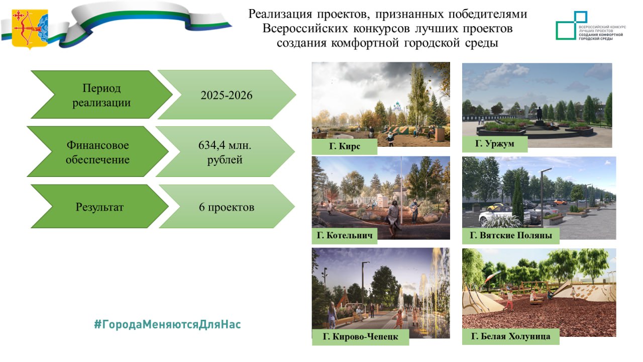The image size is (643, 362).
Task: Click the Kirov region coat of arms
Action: pyautogui.click(x=30, y=29)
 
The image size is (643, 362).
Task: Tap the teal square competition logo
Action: pyautogui.click(x=571, y=25)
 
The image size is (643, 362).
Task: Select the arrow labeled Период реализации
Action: pyautogui.click(x=101, y=95)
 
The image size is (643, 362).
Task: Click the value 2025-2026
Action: pyautogui.click(x=226, y=95)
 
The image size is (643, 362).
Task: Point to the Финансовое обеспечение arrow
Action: pyautogui.click(x=97, y=152)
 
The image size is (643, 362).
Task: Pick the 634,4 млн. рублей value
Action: pyautogui.click(x=225, y=152)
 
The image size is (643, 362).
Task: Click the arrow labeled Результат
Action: pyautogui.click(x=99, y=207)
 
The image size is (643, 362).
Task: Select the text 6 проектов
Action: pyautogui.click(x=227, y=207)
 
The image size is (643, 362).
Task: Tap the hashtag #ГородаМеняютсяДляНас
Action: pyautogui.click(x=168, y=324)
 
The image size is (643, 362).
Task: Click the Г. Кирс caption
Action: pyautogui.click(x=345, y=146)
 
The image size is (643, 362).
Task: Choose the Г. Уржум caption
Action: pyautogui.click(x=495, y=143)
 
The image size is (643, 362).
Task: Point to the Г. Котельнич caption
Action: pyautogui.click(x=345, y=235)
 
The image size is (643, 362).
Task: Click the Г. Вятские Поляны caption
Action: pyautogui.click(x=511, y=235)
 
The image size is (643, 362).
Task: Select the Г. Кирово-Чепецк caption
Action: pyautogui.click(x=360, y=336)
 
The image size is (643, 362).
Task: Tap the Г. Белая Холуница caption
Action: pyautogui.click(x=511, y=336)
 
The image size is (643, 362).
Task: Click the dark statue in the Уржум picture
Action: pyautogui.click(x=539, y=114)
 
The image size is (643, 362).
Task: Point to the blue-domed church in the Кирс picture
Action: pyautogui.click(x=397, y=109)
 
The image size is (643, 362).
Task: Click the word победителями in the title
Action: pyautogui.click(x=487, y=14)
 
